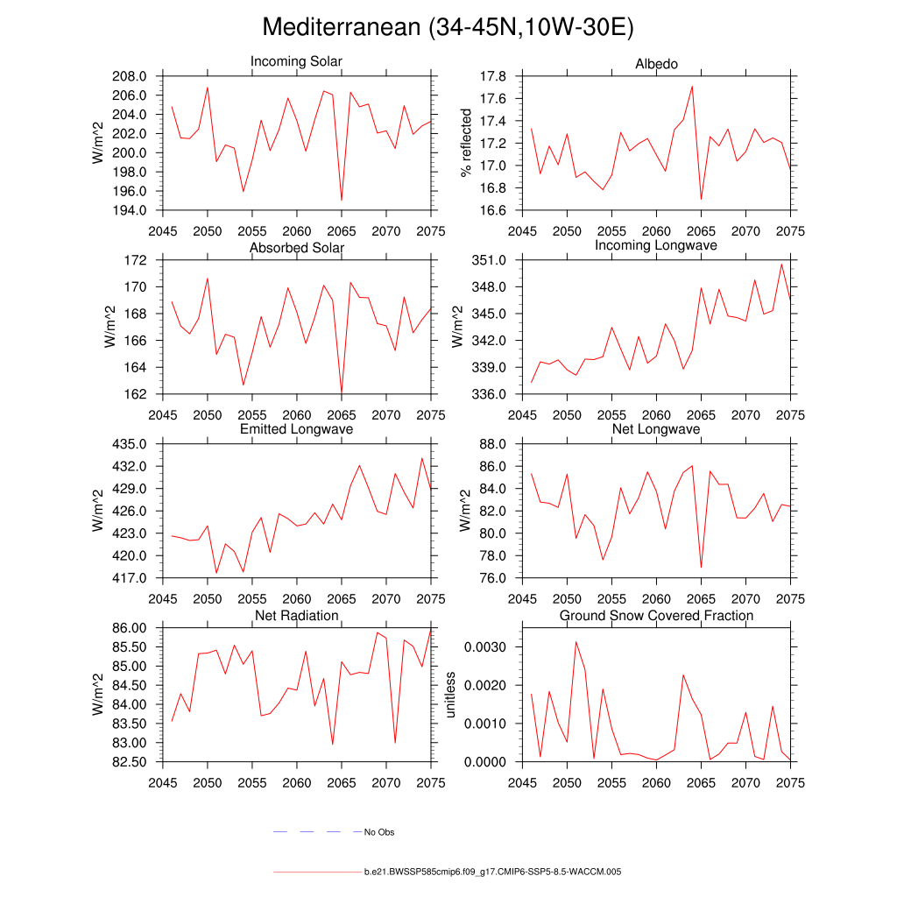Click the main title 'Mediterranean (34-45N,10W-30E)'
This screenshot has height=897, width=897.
(448, 28)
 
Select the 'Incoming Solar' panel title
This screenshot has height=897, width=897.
(296, 62)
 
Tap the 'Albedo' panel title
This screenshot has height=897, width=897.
(656, 64)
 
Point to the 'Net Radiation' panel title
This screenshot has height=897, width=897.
(296, 616)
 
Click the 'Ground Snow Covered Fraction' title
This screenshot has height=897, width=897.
(656, 616)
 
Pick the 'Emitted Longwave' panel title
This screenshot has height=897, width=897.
(296, 429)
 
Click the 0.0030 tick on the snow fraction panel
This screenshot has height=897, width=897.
(491, 646)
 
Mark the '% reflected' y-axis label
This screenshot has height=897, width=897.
(467, 143)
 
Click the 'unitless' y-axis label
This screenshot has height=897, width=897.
(451, 695)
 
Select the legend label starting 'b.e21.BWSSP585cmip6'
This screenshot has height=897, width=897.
(493, 872)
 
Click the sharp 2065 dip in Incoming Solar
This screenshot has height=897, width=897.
(342, 201)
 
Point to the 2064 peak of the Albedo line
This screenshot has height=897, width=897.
(692, 86)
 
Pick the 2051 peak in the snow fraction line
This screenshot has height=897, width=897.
(576, 641)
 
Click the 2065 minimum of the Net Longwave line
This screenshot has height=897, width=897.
(701, 568)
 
